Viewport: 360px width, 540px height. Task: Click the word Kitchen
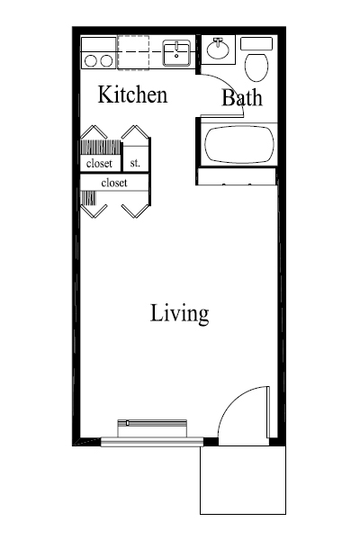(x=132, y=94)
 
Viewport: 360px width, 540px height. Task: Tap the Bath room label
(x=242, y=98)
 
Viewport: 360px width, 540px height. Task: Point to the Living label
(x=179, y=314)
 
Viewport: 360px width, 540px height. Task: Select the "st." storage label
(x=135, y=163)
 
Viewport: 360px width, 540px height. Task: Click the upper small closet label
(x=99, y=164)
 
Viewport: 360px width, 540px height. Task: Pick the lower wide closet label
(x=113, y=183)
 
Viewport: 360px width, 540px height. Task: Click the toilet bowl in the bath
(x=256, y=67)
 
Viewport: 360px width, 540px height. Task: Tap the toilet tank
(x=256, y=43)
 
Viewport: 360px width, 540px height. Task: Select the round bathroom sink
(x=217, y=47)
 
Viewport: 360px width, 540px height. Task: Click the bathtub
(x=236, y=146)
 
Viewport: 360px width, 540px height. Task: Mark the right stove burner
(x=105, y=60)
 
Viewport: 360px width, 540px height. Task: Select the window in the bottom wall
(x=150, y=440)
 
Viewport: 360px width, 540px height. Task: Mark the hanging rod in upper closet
(x=99, y=147)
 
